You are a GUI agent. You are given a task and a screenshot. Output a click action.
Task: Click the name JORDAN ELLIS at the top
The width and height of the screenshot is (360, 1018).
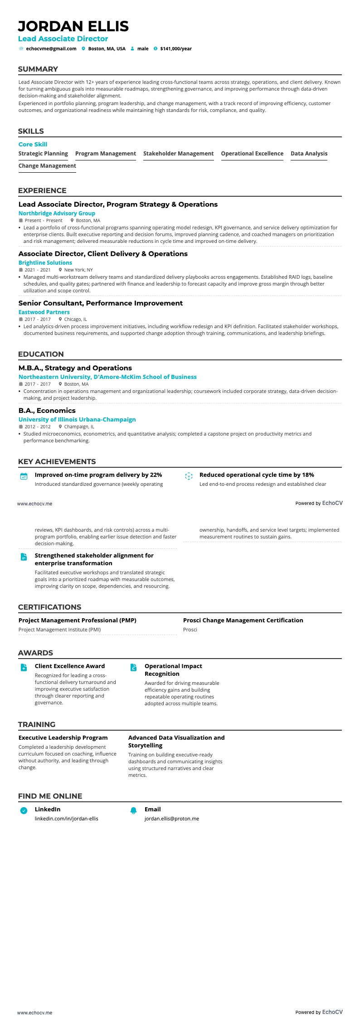73,26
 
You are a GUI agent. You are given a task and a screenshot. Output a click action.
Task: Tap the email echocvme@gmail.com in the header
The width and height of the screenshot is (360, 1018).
51,48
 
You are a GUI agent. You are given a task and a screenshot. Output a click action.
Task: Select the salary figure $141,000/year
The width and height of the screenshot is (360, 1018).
176,48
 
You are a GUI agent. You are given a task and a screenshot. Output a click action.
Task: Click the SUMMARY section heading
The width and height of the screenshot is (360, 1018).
38,69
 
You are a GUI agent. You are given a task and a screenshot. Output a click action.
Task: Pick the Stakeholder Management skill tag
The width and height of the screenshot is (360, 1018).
178,154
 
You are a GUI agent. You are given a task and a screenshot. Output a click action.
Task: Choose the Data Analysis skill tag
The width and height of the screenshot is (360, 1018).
309,154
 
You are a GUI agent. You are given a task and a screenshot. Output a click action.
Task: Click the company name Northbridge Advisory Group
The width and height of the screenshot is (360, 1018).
57,213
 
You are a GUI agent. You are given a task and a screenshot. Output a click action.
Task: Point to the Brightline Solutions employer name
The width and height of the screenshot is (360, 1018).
45,262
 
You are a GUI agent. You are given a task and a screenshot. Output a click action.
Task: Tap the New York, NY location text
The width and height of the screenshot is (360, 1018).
78,270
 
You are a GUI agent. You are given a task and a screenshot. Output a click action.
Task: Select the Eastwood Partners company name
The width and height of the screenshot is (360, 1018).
44,312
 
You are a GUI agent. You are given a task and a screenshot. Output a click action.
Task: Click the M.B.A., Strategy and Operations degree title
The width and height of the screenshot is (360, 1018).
75,368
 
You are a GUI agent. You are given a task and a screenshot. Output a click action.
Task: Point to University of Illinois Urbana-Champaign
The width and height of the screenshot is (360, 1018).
77,419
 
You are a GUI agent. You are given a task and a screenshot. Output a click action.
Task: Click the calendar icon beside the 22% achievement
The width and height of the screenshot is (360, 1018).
24,476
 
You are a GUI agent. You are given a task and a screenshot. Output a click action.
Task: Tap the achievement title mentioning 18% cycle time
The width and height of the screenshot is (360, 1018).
257,475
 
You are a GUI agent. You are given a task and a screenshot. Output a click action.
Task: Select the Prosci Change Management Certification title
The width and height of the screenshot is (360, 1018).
243,620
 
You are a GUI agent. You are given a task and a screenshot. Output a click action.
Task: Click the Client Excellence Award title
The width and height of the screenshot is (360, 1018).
70,666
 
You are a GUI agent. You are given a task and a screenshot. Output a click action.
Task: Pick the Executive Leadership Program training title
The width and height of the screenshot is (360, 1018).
63,737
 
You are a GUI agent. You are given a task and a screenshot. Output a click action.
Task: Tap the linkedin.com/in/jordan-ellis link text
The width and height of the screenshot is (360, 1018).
67,819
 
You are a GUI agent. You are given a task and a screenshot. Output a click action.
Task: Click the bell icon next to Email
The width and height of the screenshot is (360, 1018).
134,810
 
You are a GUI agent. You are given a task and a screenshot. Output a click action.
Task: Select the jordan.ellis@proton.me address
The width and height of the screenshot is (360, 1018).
172,819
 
